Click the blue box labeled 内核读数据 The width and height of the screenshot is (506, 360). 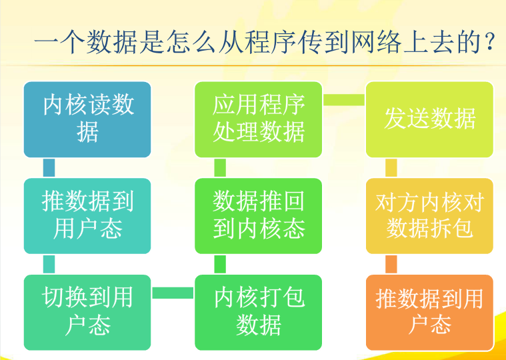(87, 119)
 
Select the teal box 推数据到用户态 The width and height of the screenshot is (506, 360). (87, 216)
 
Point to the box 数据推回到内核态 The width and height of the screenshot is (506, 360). (259, 216)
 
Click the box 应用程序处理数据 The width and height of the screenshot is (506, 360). (259, 119)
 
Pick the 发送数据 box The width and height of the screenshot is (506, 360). (430, 119)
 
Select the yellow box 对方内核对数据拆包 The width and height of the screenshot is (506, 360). (430, 216)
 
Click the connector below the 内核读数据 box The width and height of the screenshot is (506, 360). (49, 168)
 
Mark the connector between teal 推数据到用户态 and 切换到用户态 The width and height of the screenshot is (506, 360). (49, 264)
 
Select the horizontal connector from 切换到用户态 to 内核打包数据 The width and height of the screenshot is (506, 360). (173, 293)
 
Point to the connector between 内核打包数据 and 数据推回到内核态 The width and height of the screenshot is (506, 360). (220, 264)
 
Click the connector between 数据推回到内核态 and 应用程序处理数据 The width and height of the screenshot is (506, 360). (220, 168)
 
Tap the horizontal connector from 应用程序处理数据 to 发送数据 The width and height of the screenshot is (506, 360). (344, 100)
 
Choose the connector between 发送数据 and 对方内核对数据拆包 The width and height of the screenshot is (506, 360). (391, 168)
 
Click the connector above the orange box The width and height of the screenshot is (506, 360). (391, 264)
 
